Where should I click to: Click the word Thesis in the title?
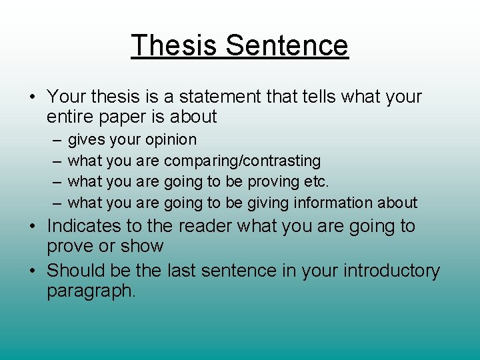pyautogui.click(x=175, y=45)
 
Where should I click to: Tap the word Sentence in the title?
pyautogui.click(x=287, y=45)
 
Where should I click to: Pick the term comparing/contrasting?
pyautogui.click(x=242, y=161)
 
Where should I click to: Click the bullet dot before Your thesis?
pyautogui.click(x=32, y=97)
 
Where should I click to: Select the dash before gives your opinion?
pyautogui.click(x=54, y=140)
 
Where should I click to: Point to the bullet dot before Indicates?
pyautogui.click(x=32, y=227)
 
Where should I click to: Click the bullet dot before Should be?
pyautogui.click(x=32, y=271)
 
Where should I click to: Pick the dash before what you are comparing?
pyautogui.click(x=54, y=161)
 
